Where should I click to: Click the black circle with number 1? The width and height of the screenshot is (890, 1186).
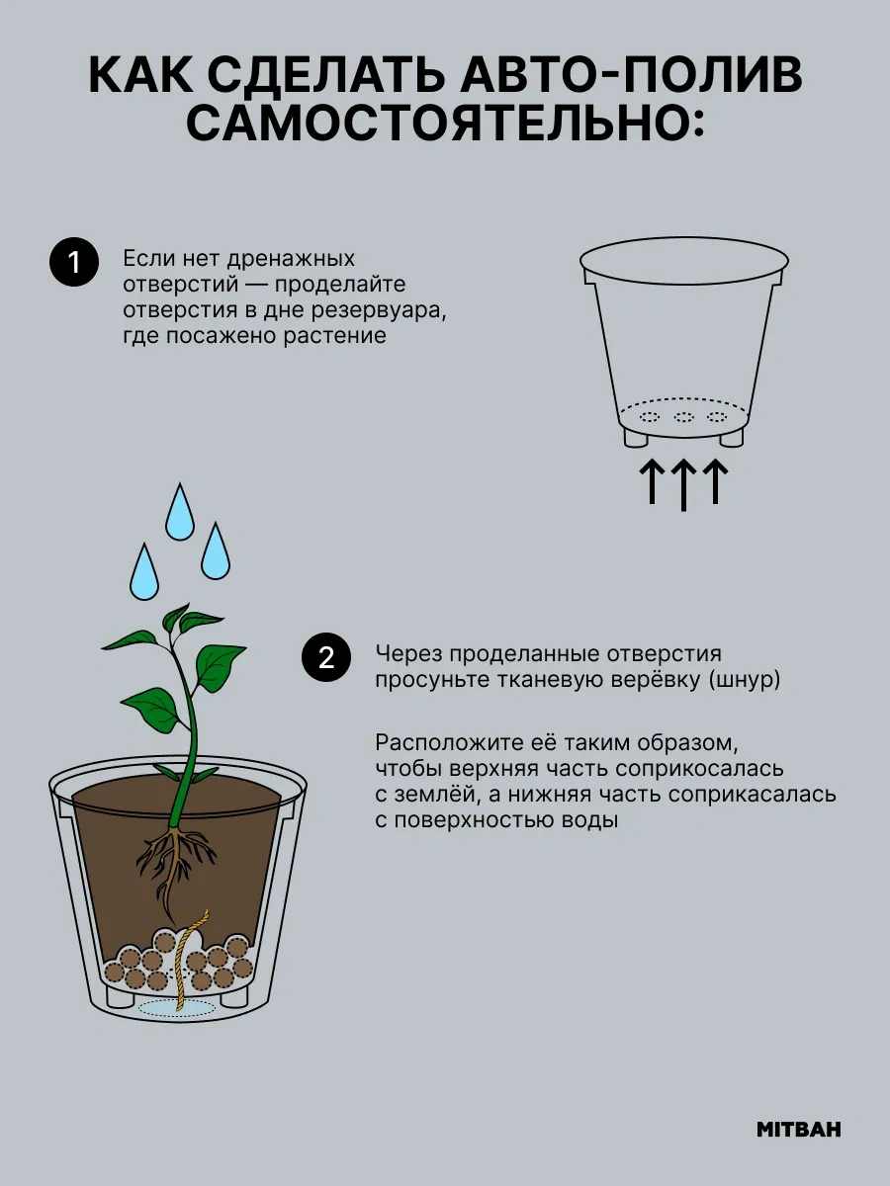click(x=74, y=262)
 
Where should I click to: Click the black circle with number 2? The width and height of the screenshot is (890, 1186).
click(x=326, y=657)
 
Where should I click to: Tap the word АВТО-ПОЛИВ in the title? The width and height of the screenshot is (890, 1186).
click(x=632, y=76)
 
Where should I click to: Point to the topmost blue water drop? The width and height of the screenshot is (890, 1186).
click(x=180, y=511)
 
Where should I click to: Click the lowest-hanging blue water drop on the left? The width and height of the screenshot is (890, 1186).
click(x=144, y=571)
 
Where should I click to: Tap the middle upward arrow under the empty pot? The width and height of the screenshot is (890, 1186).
click(x=683, y=484)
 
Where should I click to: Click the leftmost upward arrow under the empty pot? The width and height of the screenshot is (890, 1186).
click(x=652, y=481)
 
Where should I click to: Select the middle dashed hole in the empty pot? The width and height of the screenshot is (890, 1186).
click(x=683, y=417)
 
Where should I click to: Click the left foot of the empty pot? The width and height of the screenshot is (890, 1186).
click(x=636, y=436)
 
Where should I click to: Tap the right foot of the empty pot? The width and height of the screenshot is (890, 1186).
click(x=731, y=436)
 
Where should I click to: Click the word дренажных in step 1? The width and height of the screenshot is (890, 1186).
click(x=291, y=258)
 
